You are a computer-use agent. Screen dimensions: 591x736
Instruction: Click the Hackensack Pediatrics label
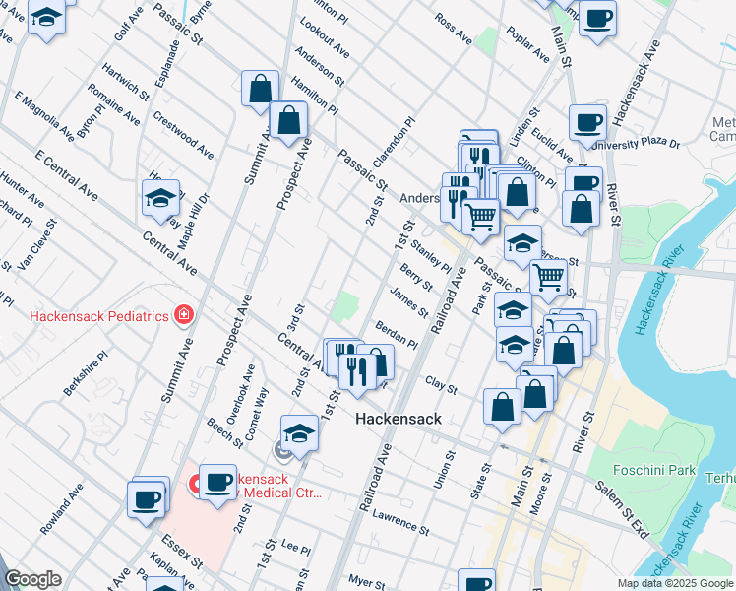point(97,316)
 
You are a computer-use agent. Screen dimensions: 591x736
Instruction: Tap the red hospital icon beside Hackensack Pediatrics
point(182,315)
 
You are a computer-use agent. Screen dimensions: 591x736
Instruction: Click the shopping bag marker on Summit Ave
point(260,88)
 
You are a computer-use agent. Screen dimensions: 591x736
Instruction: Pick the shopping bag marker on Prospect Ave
point(289,122)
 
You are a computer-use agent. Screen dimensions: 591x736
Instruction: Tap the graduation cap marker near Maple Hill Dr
point(160,199)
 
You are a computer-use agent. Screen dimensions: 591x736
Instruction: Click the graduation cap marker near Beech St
point(299,433)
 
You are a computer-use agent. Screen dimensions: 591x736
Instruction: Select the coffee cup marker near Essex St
point(147,499)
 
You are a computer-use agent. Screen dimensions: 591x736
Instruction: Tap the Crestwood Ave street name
point(184,135)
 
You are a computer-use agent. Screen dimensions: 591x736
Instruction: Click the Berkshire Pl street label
point(86,373)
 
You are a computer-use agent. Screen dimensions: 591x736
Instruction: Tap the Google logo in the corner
point(32,579)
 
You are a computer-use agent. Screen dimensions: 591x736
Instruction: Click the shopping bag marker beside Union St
point(503,408)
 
